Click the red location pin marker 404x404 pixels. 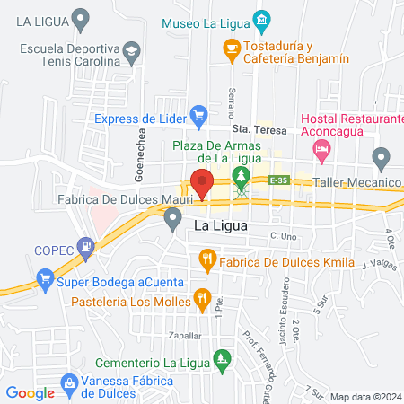tap(200, 183)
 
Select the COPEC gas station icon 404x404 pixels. tap(85, 244)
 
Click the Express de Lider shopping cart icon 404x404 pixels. tap(199, 115)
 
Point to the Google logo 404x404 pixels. tap(31, 392)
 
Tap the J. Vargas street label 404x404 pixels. tap(378, 265)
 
